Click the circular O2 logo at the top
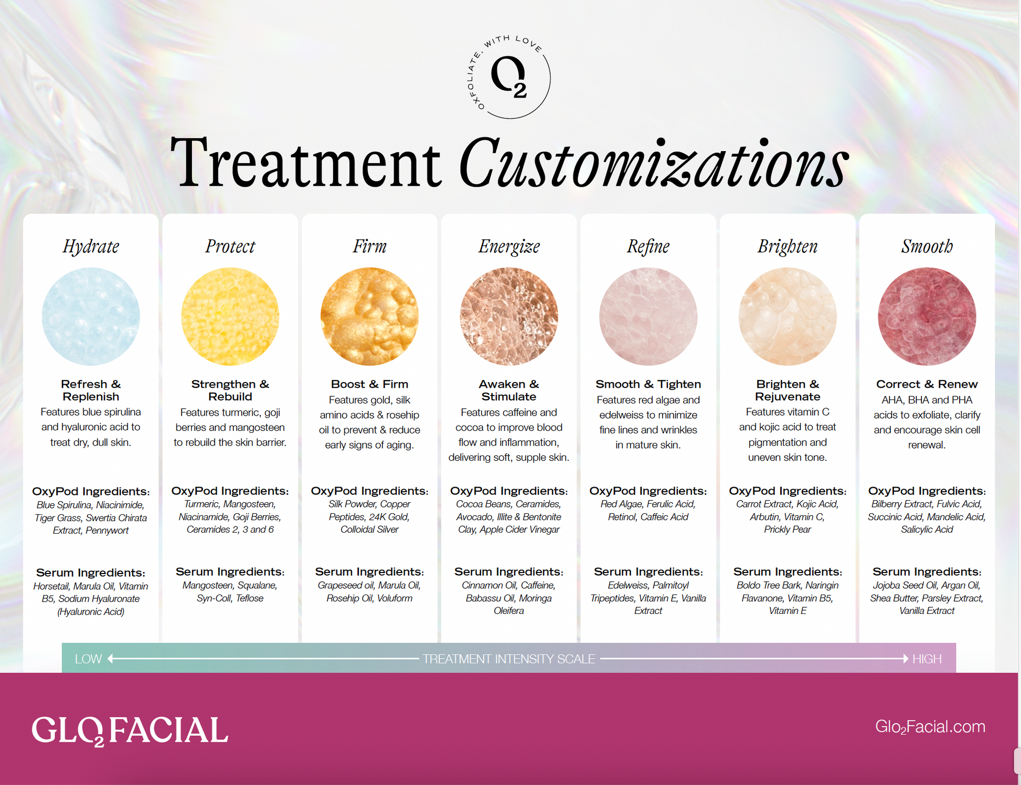(x=508, y=77)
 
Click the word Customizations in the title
(x=653, y=162)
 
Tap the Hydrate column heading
(x=91, y=246)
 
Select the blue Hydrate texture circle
(x=91, y=316)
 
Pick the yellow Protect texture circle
(x=230, y=316)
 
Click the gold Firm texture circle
(x=369, y=316)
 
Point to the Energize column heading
(x=509, y=246)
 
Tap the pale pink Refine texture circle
(x=648, y=316)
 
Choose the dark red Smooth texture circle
(x=927, y=316)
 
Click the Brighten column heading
(x=788, y=246)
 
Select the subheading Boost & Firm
(x=369, y=384)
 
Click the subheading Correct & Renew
(x=927, y=384)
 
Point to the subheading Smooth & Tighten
(x=648, y=384)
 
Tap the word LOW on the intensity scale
(x=88, y=659)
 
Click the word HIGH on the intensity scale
(x=927, y=659)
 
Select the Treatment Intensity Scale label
(x=509, y=659)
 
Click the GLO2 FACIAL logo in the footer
(x=130, y=730)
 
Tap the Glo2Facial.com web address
(x=930, y=727)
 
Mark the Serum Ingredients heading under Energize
(x=509, y=571)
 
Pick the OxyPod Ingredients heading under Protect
(x=230, y=491)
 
